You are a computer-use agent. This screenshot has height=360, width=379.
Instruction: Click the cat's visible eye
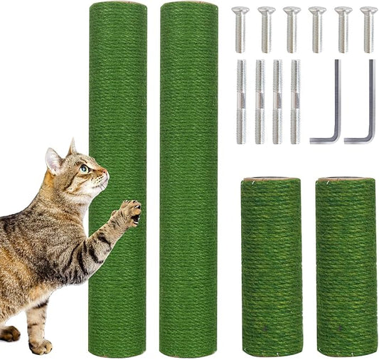pos(85,169)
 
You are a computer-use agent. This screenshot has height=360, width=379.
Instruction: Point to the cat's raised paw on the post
pos(130,211)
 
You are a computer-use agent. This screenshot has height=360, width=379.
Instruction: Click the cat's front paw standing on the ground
pos(41,346)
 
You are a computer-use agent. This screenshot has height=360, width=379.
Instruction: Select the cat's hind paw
pos(10,333)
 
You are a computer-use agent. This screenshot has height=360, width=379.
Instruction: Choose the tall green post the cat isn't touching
pos(188,178)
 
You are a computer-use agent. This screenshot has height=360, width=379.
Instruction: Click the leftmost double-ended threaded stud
pos(241,102)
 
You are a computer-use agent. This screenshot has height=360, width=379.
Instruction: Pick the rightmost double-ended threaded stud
pos(294,102)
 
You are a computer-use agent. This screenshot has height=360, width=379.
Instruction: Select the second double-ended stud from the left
pos(260,102)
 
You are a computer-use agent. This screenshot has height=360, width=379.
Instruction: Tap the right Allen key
pos(364,121)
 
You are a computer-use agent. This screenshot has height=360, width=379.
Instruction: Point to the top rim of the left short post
pos(271,179)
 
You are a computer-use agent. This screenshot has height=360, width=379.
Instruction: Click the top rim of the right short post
pos(346,179)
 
